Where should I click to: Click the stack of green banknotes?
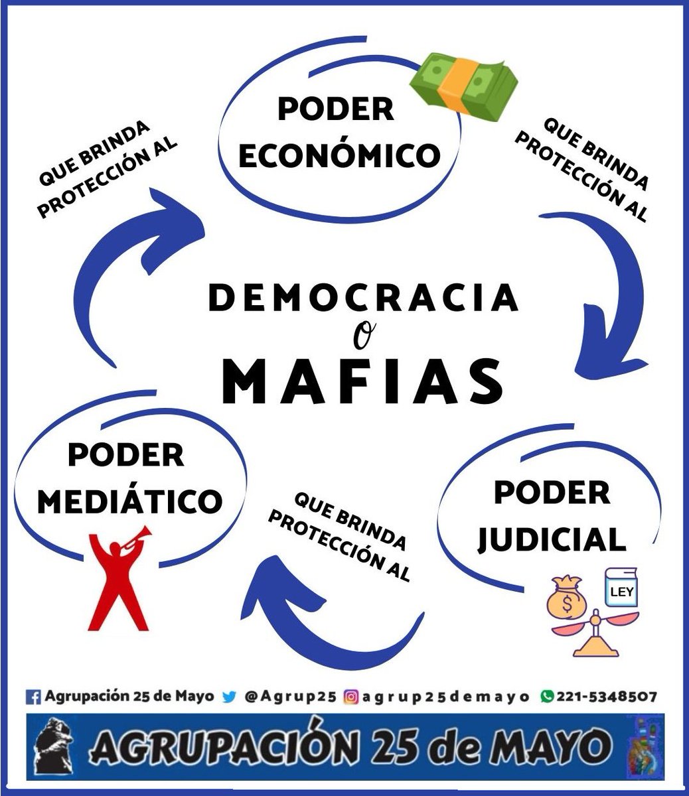coord(463,87)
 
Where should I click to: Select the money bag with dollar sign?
coord(566,599)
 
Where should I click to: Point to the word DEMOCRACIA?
coord(363,298)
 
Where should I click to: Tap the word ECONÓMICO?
coord(339,155)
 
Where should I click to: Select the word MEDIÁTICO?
coord(130,501)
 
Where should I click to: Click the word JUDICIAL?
coord(552,539)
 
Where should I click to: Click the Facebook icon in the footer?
coord(33,697)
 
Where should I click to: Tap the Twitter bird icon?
coord(229,697)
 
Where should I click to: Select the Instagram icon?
coord(350,697)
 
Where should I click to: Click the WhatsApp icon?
coord(547,696)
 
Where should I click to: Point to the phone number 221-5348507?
coord(607,696)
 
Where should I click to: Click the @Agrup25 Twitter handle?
coord(290,697)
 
